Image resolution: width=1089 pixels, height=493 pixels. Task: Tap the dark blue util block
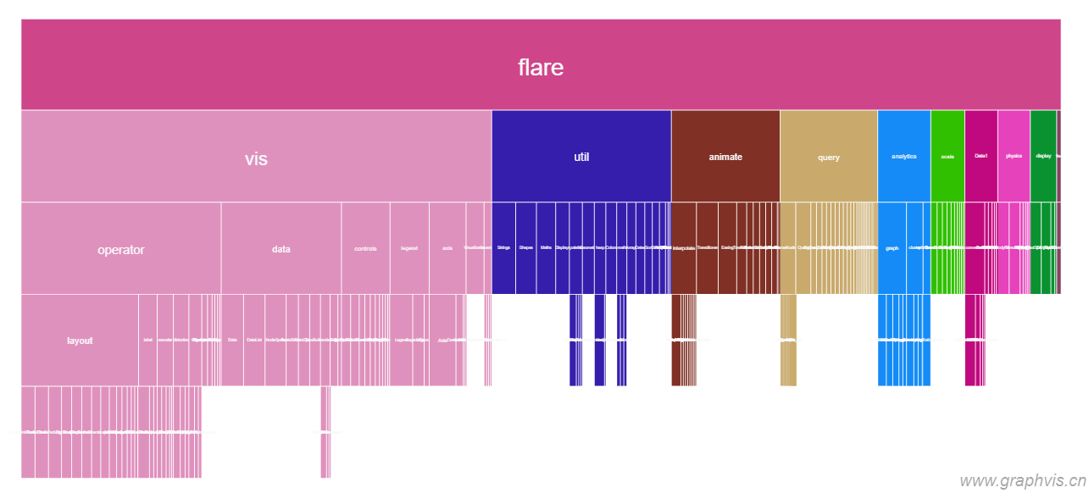pos(581,157)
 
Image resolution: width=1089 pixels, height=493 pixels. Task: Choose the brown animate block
pos(725,157)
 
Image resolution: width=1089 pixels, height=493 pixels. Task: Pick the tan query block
pos(829,157)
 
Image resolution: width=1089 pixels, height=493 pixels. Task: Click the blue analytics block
pos(904,157)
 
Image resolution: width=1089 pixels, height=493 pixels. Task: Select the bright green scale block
pos(947,157)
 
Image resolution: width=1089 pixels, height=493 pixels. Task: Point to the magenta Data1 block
pos(981,157)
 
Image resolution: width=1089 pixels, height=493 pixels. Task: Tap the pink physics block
pos(1014,157)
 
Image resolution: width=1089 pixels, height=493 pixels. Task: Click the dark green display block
pos(1043,157)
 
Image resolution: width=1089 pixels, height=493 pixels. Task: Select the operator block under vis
pos(121,249)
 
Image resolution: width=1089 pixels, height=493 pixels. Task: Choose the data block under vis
pos(281,249)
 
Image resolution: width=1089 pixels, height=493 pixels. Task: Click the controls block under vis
pos(365,249)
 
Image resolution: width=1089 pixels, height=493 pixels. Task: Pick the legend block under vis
pos(409,249)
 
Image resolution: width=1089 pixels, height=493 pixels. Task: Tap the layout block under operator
pos(80,341)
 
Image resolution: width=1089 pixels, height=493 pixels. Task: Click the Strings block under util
pos(503,248)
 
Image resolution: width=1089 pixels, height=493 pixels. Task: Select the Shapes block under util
pos(525,248)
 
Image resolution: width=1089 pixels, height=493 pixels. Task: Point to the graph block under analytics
pos(892,248)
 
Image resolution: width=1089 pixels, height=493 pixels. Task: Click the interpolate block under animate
pos(684,248)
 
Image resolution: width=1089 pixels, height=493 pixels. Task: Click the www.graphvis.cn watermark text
pos(1023,480)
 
